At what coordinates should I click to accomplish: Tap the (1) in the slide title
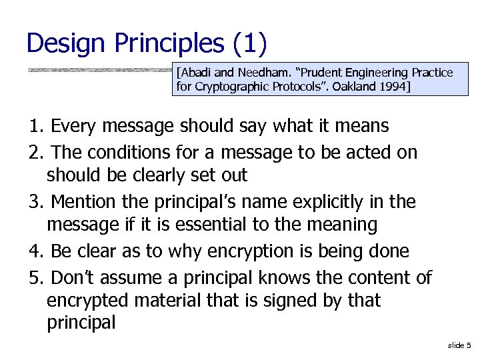(x=250, y=43)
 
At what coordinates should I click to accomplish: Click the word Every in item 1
(x=73, y=126)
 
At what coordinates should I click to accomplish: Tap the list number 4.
(x=36, y=251)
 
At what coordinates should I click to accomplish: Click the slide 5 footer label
(x=459, y=345)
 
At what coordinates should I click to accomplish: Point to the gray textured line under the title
(x=100, y=69)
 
